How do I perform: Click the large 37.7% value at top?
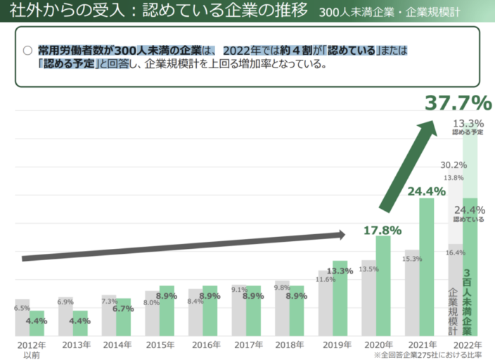[457, 103]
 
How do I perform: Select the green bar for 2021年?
[427, 267]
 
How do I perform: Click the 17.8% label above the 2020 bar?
[382, 230]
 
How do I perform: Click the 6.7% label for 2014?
[123, 308]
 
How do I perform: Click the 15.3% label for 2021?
[412, 259]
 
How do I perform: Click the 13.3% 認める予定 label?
[468, 127]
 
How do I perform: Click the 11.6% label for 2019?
[326, 279]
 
